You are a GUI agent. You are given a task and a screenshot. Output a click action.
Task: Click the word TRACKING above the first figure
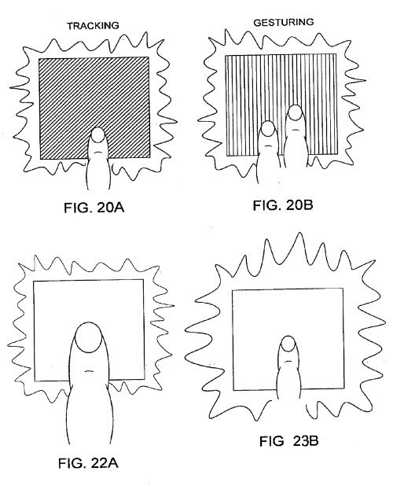(93, 26)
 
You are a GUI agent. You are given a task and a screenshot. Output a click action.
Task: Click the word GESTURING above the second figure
(284, 22)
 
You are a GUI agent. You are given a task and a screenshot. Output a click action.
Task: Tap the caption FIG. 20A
(94, 208)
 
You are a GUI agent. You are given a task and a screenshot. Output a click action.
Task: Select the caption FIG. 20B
(283, 205)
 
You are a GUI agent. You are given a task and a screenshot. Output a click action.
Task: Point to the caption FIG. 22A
(88, 463)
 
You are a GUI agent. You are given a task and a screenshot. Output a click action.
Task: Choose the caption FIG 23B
(288, 441)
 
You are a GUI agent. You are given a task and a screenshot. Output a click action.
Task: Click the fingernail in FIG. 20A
(98, 135)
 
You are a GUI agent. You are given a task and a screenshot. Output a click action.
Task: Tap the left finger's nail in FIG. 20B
(268, 128)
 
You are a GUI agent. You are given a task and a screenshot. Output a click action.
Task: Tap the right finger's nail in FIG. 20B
(296, 112)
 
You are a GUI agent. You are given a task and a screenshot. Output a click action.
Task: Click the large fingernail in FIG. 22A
(90, 337)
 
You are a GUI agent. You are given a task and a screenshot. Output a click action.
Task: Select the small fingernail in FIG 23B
(288, 344)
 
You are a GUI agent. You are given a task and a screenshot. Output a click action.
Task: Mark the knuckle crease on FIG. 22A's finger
(89, 371)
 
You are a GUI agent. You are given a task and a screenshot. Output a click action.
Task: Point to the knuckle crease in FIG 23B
(288, 361)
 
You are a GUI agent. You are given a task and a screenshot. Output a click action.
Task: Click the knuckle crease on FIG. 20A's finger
(98, 152)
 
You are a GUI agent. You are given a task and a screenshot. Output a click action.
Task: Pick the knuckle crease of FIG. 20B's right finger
(295, 130)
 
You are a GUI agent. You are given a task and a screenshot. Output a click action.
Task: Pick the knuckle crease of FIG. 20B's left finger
(268, 145)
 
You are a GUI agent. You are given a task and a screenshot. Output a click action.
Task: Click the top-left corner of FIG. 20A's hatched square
(39, 58)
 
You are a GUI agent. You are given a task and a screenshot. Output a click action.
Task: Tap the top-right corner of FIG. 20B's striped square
(336, 54)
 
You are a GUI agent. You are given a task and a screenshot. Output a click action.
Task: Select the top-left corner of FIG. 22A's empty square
(34, 282)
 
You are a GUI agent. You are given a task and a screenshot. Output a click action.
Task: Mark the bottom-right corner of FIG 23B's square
(344, 388)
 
